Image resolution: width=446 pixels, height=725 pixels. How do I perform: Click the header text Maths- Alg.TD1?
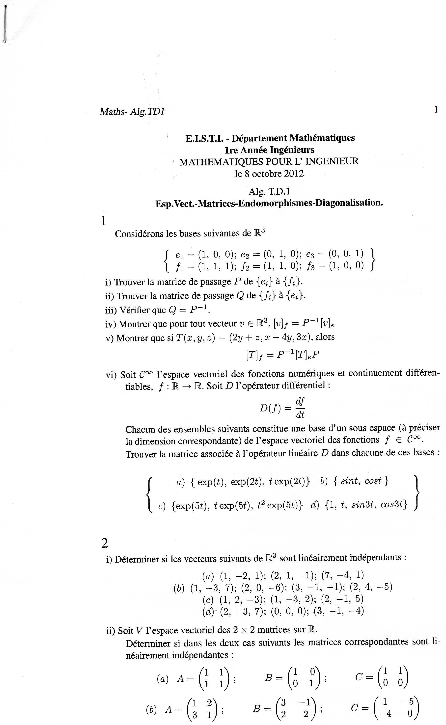click(x=132, y=112)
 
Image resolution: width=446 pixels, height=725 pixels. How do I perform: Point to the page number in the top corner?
click(x=436, y=110)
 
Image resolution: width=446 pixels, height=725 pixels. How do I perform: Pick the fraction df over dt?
click(x=300, y=408)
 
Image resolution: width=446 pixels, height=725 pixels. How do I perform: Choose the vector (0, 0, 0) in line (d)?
click(x=288, y=611)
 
